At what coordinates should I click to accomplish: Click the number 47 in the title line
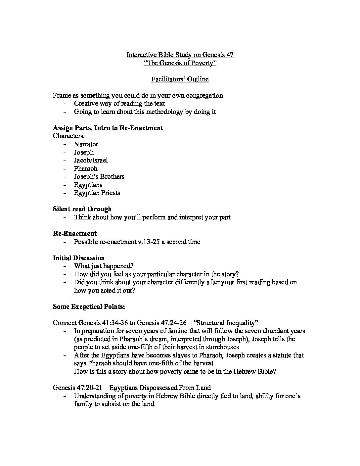click(230, 55)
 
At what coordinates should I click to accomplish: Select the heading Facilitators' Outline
click(180, 79)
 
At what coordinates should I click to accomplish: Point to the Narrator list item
click(86, 144)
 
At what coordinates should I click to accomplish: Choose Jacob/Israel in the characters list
click(91, 161)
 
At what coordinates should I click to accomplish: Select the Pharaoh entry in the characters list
click(86, 168)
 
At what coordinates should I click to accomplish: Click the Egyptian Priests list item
click(97, 193)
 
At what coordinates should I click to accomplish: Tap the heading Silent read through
click(82, 209)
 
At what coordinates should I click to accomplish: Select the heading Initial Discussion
click(79, 258)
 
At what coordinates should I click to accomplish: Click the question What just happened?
click(104, 266)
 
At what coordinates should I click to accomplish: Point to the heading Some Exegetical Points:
click(89, 307)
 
